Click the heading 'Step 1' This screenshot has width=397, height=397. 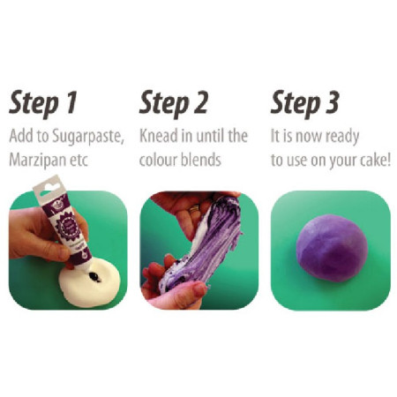point(43,104)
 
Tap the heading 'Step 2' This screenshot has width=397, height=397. point(173,104)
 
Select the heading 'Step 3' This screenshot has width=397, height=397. point(305,104)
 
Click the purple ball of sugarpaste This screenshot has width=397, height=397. point(329,249)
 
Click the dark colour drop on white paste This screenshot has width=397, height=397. point(94,276)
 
